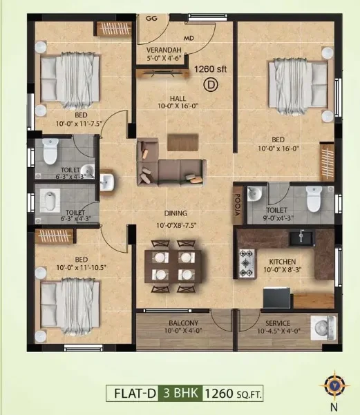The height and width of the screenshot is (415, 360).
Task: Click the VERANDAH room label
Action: tap(164, 50)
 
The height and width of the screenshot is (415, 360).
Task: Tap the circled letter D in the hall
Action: tap(211, 85)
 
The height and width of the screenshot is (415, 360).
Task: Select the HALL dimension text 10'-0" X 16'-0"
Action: tap(178, 106)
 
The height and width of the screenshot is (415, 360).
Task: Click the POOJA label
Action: tap(238, 204)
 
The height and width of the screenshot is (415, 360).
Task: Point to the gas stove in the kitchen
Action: tap(247, 263)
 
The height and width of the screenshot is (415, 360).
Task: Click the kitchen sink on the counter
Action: tap(302, 238)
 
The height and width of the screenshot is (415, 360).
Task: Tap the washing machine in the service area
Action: tap(323, 328)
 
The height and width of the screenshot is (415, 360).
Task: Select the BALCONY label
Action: tap(184, 323)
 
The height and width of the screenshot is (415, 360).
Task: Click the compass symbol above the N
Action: tap(334, 385)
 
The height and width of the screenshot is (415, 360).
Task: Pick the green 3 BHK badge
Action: tap(180, 393)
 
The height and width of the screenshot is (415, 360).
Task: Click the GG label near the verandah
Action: tap(151, 19)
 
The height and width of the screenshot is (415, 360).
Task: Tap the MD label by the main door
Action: tap(189, 38)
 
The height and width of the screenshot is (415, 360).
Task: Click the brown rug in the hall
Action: tap(183, 142)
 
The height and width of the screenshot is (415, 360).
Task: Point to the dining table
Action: tap(173, 267)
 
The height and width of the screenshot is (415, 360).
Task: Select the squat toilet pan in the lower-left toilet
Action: tap(50, 201)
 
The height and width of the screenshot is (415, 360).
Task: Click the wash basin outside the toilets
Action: tap(106, 182)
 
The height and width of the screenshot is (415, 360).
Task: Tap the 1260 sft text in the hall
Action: tap(210, 69)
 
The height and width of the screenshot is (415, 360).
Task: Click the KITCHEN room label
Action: tap(283, 262)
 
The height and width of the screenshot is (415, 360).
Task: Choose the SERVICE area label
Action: tap(278, 323)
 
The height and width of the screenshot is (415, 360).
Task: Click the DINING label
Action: tap(176, 213)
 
